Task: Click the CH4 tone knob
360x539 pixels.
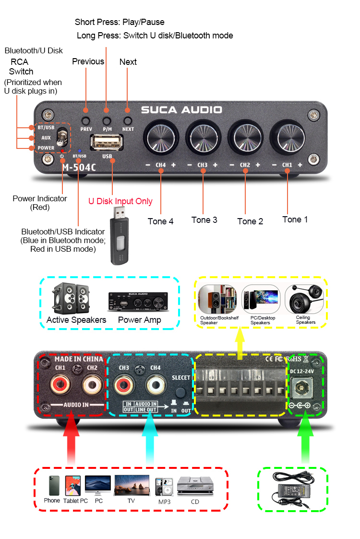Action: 160,137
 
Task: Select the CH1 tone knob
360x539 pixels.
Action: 287,137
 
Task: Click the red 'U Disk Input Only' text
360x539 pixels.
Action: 120,201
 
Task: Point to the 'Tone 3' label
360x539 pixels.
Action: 204,220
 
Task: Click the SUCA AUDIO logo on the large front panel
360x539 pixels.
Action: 181,110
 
